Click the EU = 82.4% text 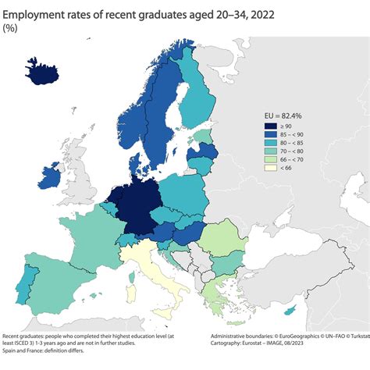coord(286,116)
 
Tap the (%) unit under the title coord(12,29)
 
